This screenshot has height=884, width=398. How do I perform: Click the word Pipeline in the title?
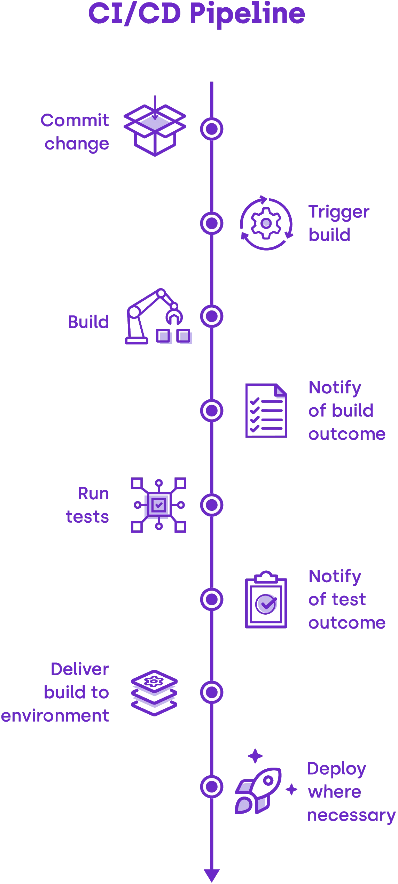[248, 15]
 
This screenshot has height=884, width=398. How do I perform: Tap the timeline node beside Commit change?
[211, 129]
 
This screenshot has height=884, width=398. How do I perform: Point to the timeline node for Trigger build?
[211, 223]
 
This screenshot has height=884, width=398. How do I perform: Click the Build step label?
[88, 322]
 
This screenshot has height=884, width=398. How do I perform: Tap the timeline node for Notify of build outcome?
[211, 410]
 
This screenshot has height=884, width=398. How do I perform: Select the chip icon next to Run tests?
[159, 505]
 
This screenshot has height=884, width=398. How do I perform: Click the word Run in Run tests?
[93, 494]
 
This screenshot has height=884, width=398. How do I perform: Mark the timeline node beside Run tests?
[211, 505]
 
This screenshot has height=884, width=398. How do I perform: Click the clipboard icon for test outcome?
[267, 600]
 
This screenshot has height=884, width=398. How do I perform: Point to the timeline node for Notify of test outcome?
[211, 599]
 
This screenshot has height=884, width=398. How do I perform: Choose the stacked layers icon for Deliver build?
[155, 692]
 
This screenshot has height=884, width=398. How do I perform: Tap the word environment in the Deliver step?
[55, 716]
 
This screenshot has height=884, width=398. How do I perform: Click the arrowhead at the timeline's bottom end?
[211, 875]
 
